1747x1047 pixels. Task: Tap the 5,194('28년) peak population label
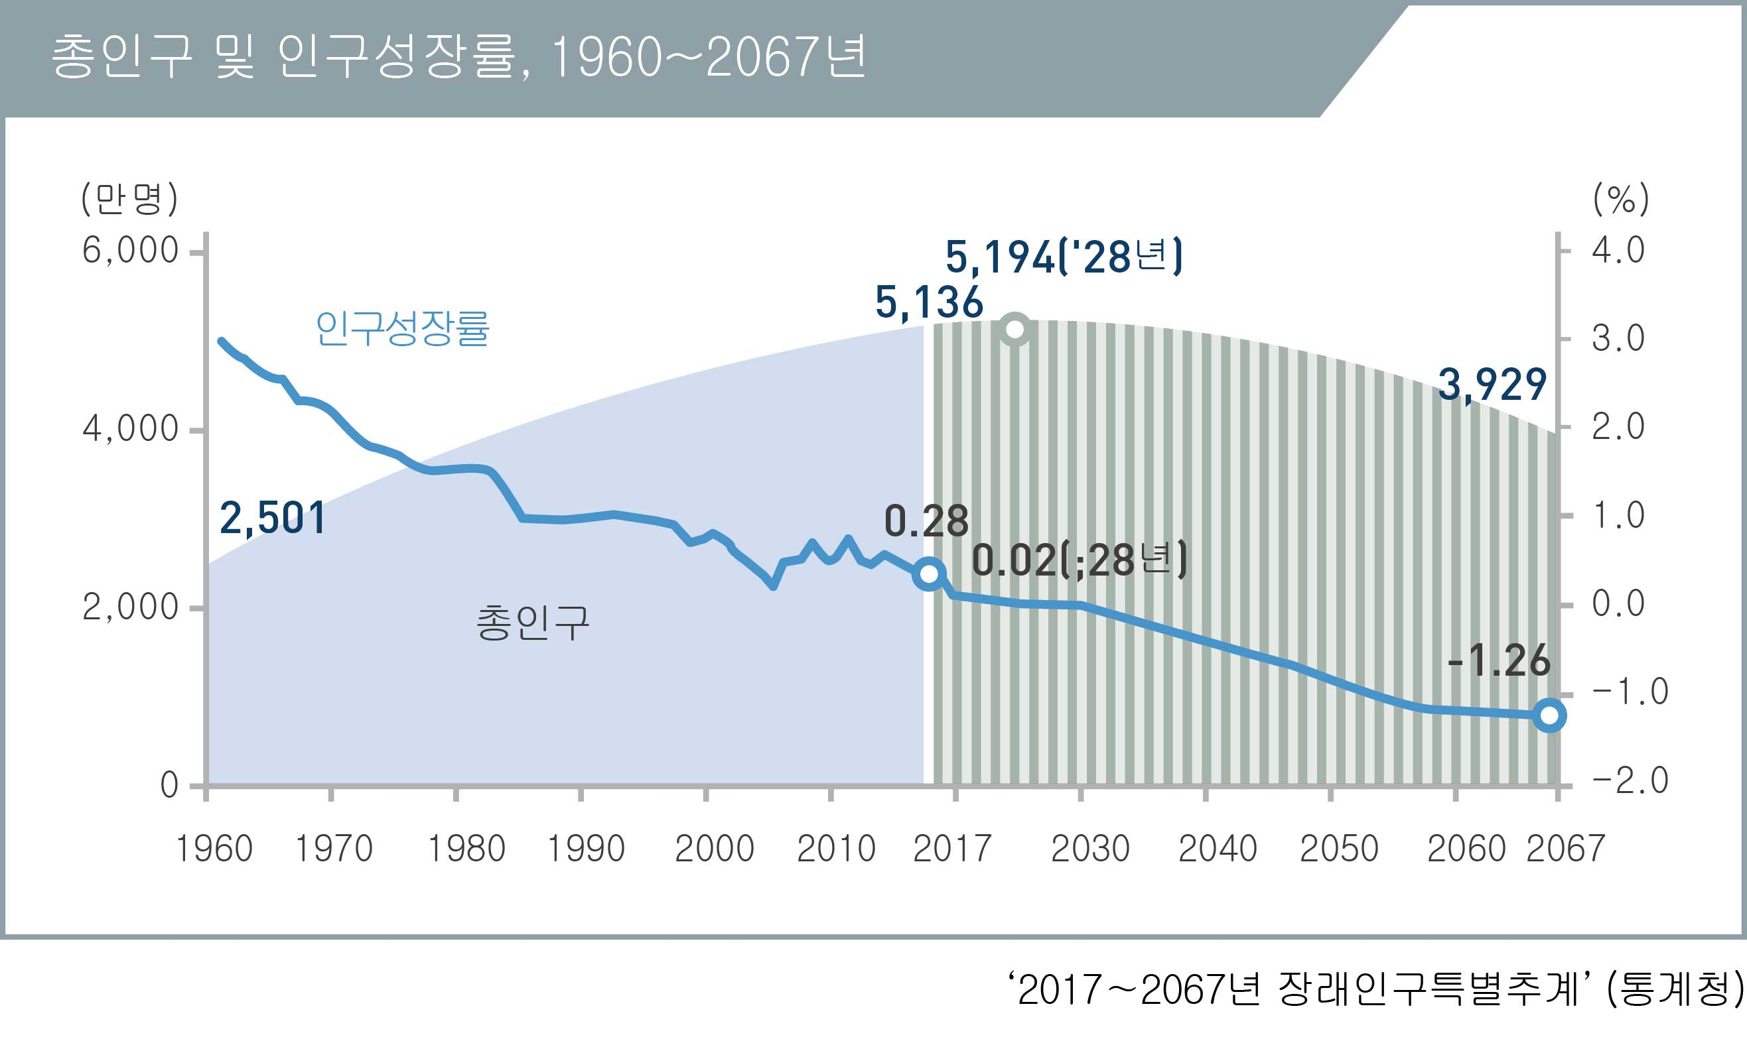[1063, 257]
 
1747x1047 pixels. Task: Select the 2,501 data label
[273, 518]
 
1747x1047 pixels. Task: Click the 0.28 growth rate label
[926, 522]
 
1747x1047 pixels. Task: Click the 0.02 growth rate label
[1079, 562]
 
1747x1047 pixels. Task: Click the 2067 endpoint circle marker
[1549, 715]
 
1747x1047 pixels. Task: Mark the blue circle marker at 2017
[929, 574]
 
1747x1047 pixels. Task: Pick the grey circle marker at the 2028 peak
[1015, 329]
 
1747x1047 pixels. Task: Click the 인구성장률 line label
[401, 329]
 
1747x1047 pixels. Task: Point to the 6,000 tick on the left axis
[131, 251]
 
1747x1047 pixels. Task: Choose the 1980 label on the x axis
[466, 849]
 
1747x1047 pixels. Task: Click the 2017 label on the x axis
[952, 849]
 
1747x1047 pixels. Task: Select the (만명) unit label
[129, 200]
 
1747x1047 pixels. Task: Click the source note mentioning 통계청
[1376, 990]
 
